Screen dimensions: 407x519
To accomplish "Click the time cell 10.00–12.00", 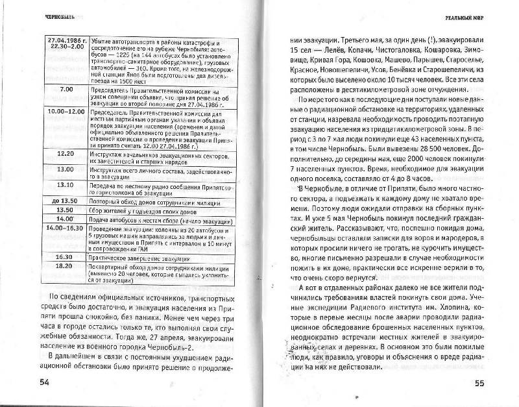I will click(64, 111).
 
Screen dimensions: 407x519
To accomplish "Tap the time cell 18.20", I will click(65, 265).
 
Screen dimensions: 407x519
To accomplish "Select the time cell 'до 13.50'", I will click(65, 201).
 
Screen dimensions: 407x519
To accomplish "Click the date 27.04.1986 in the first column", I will click(64, 39).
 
